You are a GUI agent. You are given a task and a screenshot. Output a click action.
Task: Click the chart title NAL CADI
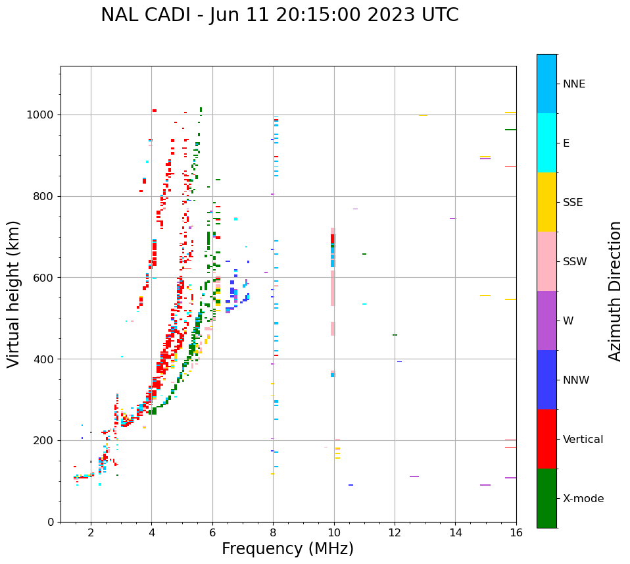coord(279,15)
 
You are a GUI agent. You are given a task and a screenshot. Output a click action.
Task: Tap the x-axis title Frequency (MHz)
coord(287,549)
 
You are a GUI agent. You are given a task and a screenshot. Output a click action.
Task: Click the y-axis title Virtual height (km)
coord(14,294)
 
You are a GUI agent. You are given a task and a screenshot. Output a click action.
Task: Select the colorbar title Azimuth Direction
coord(615,290)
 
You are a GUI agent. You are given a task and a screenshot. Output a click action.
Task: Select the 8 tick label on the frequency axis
coord(273,533)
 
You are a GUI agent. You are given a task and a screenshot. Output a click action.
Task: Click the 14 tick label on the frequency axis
coord(455,533)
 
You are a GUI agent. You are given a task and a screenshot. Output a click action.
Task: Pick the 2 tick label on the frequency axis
coord(91,533)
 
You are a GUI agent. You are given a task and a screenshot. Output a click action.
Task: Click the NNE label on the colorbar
coord(573,84)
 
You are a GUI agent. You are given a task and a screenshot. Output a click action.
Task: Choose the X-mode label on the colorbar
coord(583,499)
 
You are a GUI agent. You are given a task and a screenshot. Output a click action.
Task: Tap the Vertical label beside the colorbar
coord(583,440)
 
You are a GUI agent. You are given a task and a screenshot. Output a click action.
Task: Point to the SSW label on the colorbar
coord(575,262)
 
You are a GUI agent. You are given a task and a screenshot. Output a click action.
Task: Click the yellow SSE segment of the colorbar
coord(546,202)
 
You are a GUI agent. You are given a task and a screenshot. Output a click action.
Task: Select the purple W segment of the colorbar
coord(546,320)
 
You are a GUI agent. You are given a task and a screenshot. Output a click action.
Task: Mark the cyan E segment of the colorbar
coord(546,143)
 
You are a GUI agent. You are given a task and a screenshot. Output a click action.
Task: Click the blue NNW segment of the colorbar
coord(546,380)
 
